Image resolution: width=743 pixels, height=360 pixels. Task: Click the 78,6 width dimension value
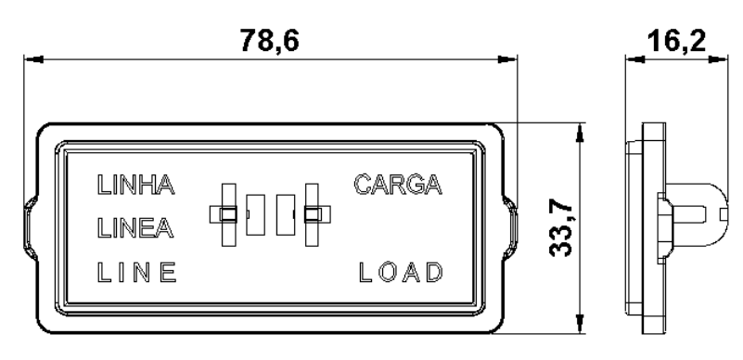click(270, 40)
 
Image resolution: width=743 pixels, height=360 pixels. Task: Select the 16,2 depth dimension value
click(676, 40)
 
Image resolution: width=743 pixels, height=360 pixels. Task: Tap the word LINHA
click(136, 185)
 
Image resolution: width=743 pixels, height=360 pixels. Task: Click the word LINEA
click(135, 228)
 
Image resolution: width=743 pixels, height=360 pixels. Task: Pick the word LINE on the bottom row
click(137, 273)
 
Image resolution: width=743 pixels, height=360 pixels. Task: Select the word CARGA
click(398, 185)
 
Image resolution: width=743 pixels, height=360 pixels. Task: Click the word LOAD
click(401, 273)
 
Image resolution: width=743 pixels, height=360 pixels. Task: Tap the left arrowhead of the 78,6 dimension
click(33, 59)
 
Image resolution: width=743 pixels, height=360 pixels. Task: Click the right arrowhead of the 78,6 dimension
click(507, 59)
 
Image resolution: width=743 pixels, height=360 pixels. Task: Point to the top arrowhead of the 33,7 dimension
click(579, 133)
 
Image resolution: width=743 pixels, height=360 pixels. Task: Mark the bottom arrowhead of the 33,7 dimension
click(579, 324)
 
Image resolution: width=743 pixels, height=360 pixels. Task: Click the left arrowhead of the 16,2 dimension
click(635, 59)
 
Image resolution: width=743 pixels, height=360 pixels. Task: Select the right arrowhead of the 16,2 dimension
click(718, 59)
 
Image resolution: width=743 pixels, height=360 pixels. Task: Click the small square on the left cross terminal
click(228, 214)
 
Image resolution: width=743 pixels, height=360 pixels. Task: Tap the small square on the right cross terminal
click(312, 214)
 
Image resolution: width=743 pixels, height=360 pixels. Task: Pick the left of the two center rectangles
click(256, 214)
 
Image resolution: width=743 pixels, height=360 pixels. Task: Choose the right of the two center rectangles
click(286, 214)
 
